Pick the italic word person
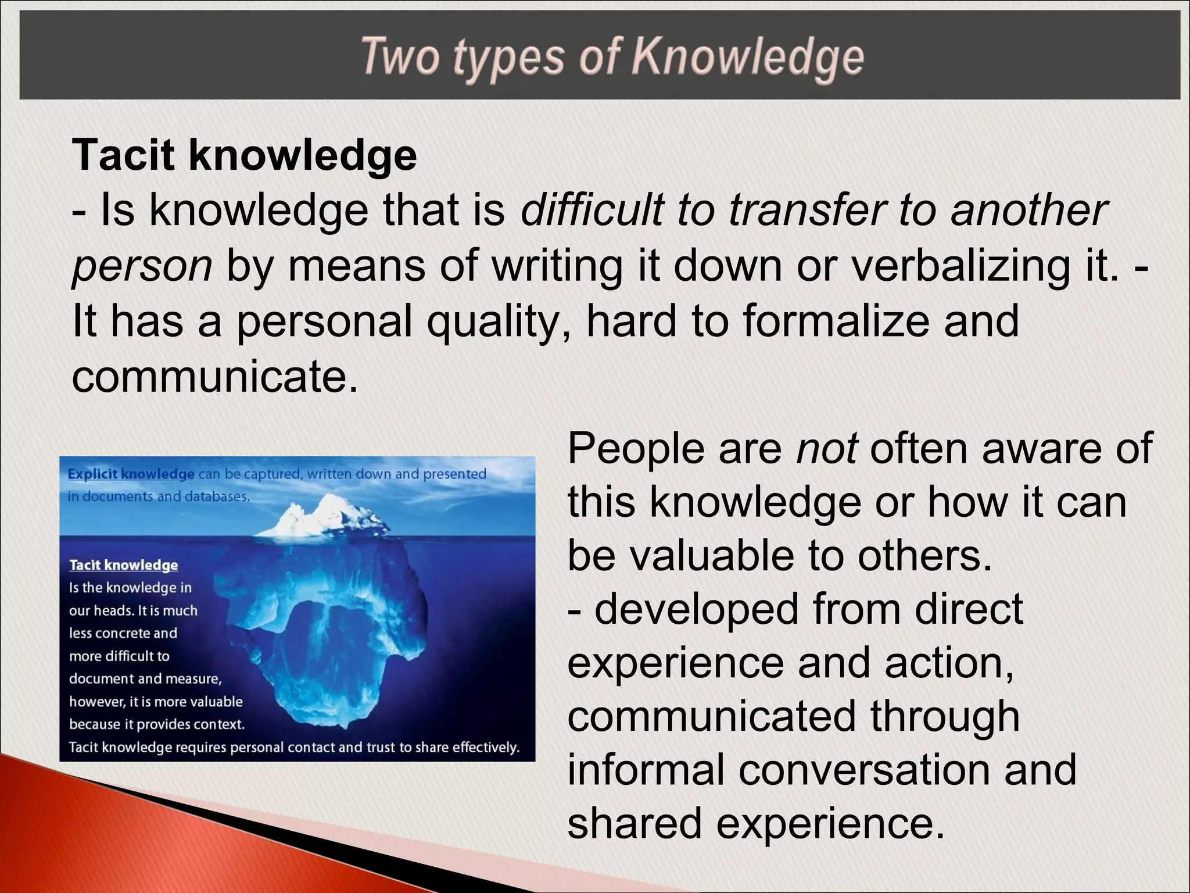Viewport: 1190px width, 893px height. point(142,266)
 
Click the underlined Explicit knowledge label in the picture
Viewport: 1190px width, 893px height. point(131,474)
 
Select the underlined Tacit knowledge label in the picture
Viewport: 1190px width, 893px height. point(124,565)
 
